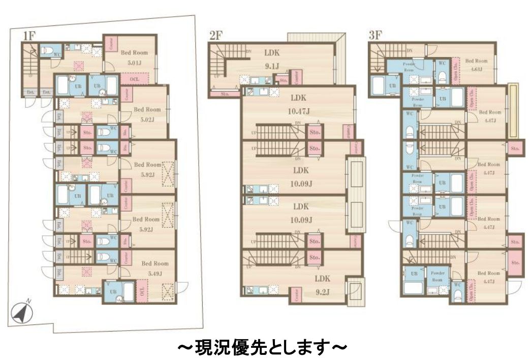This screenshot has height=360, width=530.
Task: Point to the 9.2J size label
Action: click(323, 291)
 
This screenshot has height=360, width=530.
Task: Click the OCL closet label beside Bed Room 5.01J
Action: click(135, 79)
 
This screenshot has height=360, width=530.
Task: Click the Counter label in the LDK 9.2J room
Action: click(296, 295)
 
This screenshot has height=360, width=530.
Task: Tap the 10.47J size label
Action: click(301, 111)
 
